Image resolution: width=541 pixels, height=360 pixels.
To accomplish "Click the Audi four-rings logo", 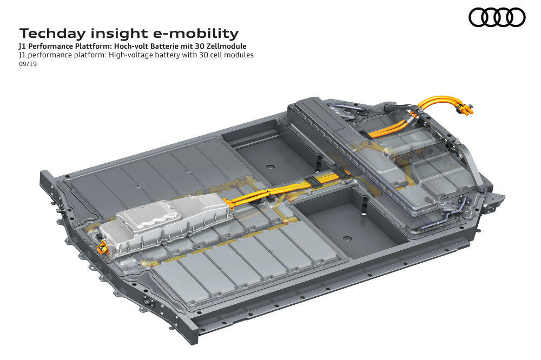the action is [x=497, y=17].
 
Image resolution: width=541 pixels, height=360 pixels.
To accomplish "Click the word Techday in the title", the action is [x=52, y=34].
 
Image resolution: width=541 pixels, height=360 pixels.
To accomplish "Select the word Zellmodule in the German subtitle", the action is [x=227, y=46].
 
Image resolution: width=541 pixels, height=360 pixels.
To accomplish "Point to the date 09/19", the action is [x=28, y=64].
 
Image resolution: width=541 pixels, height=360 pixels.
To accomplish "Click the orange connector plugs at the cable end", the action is [x=464, y=109].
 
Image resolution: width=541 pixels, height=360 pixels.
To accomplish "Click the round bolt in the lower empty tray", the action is [x=347, y=238].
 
